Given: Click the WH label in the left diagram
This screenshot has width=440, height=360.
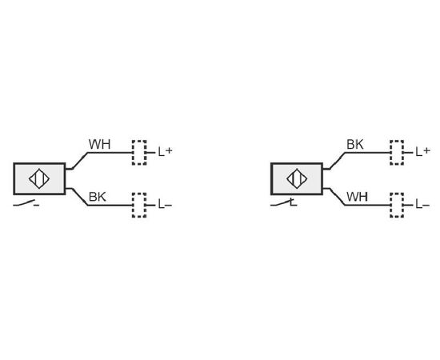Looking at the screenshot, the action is [x=100, y=144].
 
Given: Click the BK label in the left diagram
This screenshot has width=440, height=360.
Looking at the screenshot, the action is [x=98, y=197].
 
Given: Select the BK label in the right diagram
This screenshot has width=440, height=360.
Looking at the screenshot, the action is [x=355, y=144].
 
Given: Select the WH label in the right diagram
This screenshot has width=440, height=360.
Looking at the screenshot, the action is [x=358, y=197].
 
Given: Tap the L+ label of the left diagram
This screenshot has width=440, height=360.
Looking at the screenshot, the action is [x=165, y=152].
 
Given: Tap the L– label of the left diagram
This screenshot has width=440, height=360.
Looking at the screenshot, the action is [x=165, y=204].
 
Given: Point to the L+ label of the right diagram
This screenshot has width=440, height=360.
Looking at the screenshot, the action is [x=422, y=152].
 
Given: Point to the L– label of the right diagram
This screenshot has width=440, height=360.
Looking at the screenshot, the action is [x=422, y=204].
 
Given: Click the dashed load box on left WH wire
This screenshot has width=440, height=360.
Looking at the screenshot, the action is [x=139, y=153].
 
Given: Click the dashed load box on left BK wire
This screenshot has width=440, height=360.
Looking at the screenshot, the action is [x=139, y=205].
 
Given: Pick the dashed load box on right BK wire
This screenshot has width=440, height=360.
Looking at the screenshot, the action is [x=397, y=153].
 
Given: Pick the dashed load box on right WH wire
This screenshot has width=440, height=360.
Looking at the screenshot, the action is [x=397, y=205].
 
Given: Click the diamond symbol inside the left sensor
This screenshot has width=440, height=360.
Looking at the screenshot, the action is [x=39, y=178].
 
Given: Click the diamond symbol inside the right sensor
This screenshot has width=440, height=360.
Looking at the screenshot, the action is [x=297, y=178].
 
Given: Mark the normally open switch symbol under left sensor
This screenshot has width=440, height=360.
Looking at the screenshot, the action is [x=26, y=203].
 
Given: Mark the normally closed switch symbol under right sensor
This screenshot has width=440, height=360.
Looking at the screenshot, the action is [x=284, y=203].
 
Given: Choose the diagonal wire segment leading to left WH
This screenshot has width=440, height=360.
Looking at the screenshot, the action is [x=80, y=161].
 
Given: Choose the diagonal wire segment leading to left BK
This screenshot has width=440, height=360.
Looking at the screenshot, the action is [x=80, y=197].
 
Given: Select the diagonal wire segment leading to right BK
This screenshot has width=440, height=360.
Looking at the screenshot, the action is [x=338, y=161].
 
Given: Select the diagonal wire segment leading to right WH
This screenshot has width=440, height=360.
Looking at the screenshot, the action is [x=338, y=197].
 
